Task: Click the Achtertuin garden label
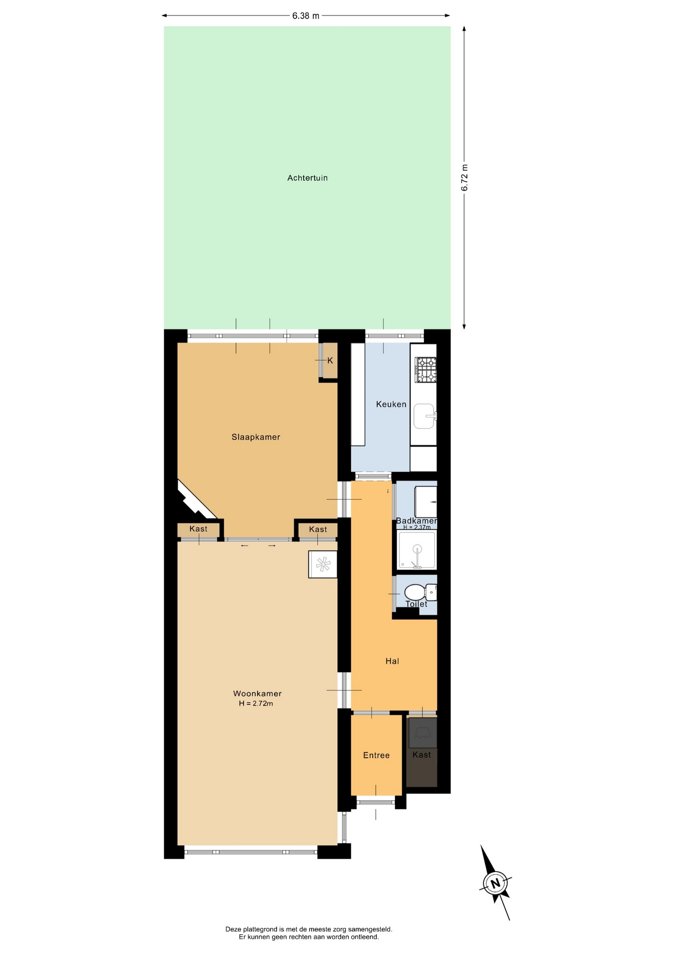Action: click(x=307, y=178)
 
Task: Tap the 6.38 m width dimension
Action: click(x=306, y=16)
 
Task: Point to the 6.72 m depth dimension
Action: click(x=465, y=177)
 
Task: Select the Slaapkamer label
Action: click(x=256, y=437)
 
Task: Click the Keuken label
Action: click(x=391, y=404)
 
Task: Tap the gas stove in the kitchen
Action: click(x=426, y=370)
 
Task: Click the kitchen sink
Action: click(x=425, y=416)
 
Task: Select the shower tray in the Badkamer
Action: click(x=417, y=550)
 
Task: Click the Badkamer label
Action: click(x=416, y=521)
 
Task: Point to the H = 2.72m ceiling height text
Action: click(x=256, y=703)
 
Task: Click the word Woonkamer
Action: click(x=257, y=693)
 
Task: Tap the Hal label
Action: click(x=392, y=661)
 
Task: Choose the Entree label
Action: click(x=376, y=755)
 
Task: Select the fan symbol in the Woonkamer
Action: click(x=323, y=564)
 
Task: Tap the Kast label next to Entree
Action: click(x=422, y=754)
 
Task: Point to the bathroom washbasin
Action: click(x=425, y=502)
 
